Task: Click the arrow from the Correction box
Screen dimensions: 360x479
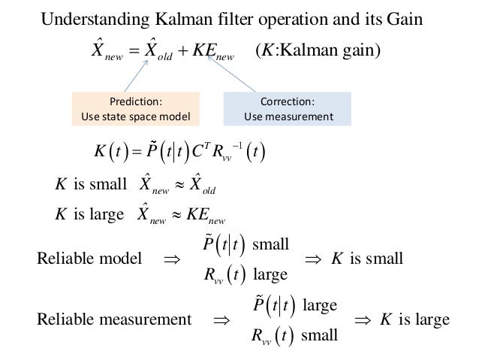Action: (x=232, y=76)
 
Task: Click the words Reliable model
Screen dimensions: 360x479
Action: (x=89, y=260)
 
